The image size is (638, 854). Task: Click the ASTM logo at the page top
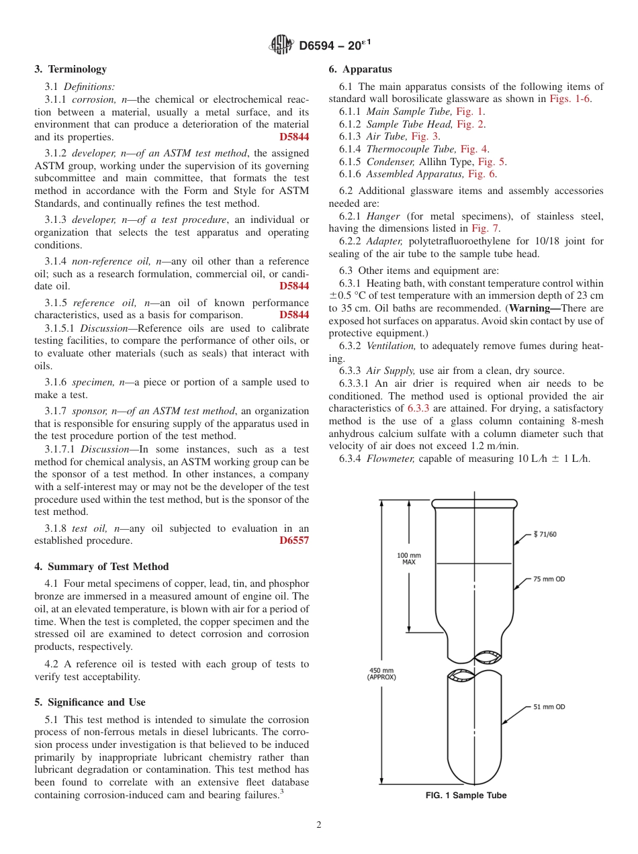coord(281,46)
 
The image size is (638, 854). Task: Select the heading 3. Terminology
coord(71,69)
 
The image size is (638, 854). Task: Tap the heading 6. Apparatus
coord(360,69)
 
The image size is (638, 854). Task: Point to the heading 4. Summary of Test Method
coord(101,567)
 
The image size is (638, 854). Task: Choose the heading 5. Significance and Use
coord(90,702)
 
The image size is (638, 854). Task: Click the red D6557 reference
coord(294,540)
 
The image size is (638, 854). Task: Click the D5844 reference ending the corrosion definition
coord(294,137)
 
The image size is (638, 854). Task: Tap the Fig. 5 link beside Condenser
coord(492,162)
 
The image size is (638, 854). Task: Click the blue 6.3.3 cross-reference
coord(420,408)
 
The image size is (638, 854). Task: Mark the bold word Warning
coord(536,308)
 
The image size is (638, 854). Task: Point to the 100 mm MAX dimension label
coord(408,559)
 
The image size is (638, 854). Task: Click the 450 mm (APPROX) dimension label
coord(381,673)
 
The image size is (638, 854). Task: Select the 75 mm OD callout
coord(549,579)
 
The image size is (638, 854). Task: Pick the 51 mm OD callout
coord(549,707)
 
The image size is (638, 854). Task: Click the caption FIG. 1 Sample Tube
coord(465,796)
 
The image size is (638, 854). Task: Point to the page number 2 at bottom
coord(319,825)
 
